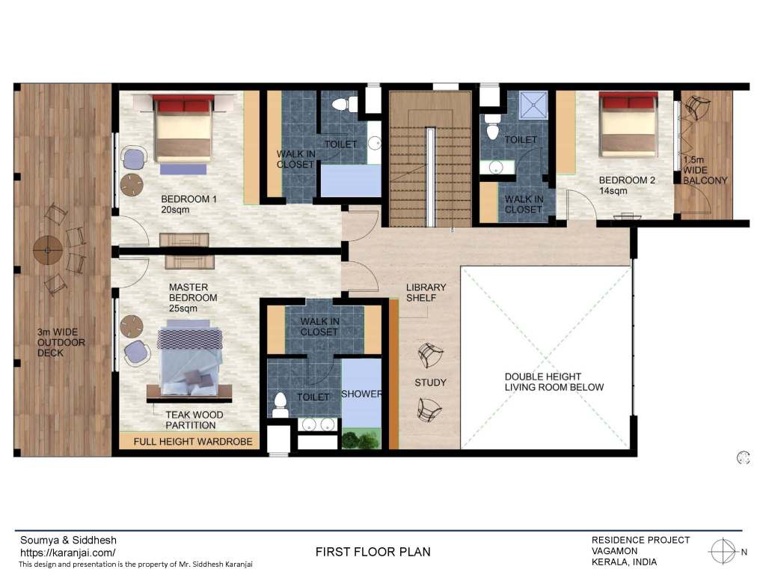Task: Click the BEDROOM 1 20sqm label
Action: point(189,204)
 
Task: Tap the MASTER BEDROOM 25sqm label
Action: point(193,298)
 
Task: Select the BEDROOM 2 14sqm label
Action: point(627,186)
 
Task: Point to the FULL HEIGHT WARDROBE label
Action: point(193,442)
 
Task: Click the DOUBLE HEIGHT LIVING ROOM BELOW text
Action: point(554,382)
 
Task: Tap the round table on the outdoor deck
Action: point(47,250)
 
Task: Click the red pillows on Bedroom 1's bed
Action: point(183,105)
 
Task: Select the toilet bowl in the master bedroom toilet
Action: point(280,404)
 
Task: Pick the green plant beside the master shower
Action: point(361,439)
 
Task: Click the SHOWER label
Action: point(361,394)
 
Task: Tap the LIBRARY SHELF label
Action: point(426,293)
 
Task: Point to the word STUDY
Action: point(430,383)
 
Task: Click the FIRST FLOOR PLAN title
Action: point(373,552)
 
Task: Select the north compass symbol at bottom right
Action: point(723,552)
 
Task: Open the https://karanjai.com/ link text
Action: point(68,553)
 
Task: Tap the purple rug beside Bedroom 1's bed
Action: point(183,169)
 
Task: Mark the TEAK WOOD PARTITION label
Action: point(194,420)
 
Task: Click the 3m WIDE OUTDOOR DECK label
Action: point(61,342)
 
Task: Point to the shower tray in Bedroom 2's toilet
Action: point(533,105)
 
